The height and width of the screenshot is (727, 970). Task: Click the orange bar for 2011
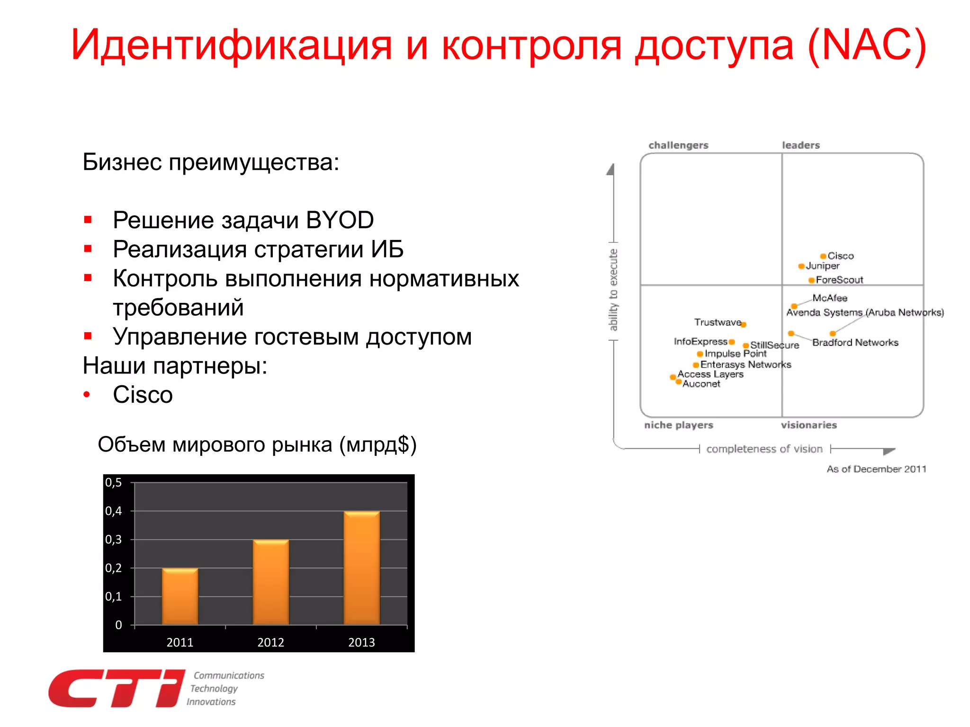coord(180,596)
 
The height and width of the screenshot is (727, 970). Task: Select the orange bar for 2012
coord(270,582)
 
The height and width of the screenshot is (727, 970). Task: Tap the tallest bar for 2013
coord(361,568)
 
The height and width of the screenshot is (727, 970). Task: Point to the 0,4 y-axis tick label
coord(114,511)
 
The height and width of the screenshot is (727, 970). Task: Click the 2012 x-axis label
coord(270,642)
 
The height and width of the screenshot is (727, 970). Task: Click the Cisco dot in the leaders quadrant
coord(823,256)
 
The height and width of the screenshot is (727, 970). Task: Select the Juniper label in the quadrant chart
coord(823,266)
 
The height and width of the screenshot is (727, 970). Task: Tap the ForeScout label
coord(839,280)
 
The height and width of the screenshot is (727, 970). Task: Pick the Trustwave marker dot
coord(744,325)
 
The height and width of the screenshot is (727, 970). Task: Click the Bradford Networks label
coord(855,342)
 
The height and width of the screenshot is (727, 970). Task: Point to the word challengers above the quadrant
coord(678,145)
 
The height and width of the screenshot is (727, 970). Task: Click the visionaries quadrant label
coord(809,425)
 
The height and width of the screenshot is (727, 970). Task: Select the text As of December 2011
coord(876,469)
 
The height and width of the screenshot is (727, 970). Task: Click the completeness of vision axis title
coord(764,449)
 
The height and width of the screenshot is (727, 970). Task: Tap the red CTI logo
coord(116,689)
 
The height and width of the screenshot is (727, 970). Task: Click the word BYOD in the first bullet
coord(340,220)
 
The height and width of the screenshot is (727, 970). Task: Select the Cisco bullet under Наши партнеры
coord(143,395)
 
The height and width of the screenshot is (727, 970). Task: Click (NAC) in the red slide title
coord(866,45)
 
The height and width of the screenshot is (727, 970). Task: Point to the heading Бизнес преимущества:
coord(211,162)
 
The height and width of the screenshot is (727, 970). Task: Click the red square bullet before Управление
coord(88,336)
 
